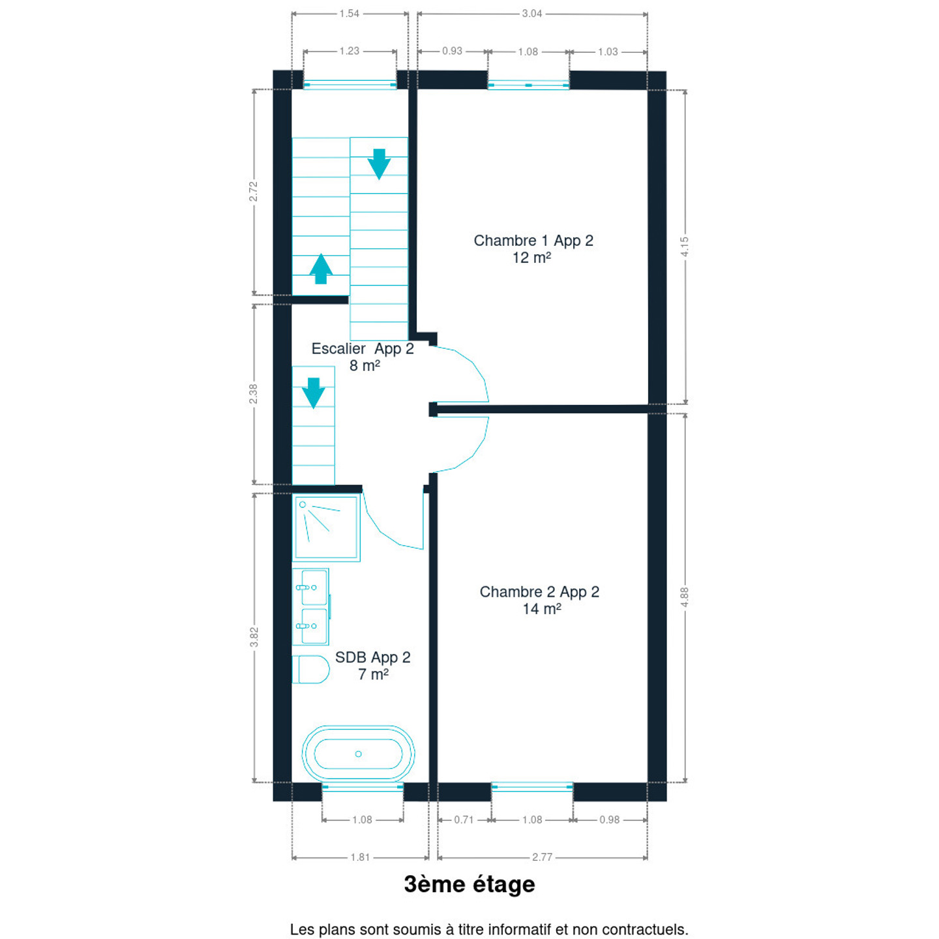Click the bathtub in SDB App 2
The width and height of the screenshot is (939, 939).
[x=358, y=753]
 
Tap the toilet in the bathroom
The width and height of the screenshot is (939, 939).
[x=310, y=669]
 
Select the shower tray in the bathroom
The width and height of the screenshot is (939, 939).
[x=326, y=528]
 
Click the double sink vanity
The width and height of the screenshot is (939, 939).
[x=311, y=606]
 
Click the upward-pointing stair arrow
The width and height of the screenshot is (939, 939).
[x=321, y=269]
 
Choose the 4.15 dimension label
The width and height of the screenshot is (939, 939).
[x=685, y=247]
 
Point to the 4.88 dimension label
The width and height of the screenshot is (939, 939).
[x=685, y=597]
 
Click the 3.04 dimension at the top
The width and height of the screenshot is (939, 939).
[x=531, y=14]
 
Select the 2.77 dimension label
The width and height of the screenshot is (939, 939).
[x=542, y=857]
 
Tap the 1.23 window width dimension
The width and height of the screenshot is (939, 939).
[x=350, y=51]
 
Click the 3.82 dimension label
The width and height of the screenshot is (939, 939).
[x=254, y=637]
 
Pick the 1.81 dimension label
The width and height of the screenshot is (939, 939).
[x=360, y=857]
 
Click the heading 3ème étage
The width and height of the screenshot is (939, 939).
[x=469, y=884]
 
